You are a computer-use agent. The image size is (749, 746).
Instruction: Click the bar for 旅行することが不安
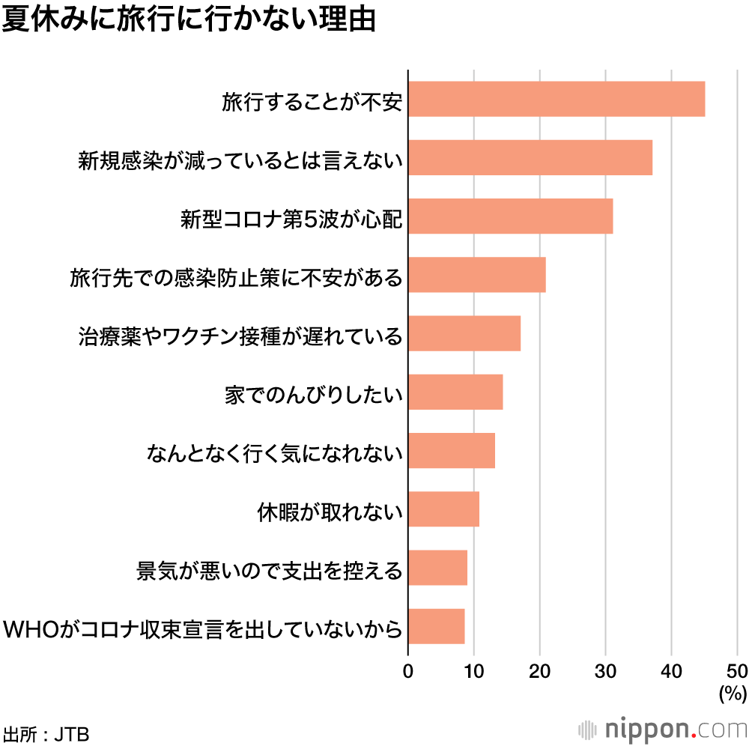point(557,99)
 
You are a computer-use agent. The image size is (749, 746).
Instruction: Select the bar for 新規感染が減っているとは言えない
point(530,157)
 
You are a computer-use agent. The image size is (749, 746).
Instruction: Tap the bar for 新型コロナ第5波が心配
point(510,216)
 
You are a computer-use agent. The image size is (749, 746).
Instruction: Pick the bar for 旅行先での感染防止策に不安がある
point(477,274)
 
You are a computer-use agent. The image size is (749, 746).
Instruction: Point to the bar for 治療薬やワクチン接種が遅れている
point(464,333)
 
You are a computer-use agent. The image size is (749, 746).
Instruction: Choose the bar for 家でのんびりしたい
point(455,392)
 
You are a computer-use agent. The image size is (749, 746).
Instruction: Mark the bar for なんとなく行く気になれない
point(452,450)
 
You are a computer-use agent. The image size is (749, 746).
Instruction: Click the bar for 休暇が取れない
point(443,509)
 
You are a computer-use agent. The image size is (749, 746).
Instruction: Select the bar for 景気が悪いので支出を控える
point(437,568)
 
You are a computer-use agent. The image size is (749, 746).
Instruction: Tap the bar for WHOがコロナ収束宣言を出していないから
point(436,626)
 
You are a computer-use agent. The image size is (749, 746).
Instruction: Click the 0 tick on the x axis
point(408,670)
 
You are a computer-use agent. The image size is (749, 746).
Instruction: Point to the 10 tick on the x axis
point(474,670)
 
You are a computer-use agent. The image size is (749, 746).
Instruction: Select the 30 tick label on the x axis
point(606,670)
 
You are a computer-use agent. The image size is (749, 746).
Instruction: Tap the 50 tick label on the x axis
point(737,670)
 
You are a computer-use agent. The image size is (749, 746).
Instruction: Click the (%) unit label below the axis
point(733,694)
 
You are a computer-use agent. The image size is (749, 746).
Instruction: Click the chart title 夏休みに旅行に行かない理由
point(189,20)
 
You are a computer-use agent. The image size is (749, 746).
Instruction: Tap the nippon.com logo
point(664,729)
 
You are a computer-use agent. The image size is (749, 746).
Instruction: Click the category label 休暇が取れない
point(330,513)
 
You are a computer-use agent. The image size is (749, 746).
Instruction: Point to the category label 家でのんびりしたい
point(314,395)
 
